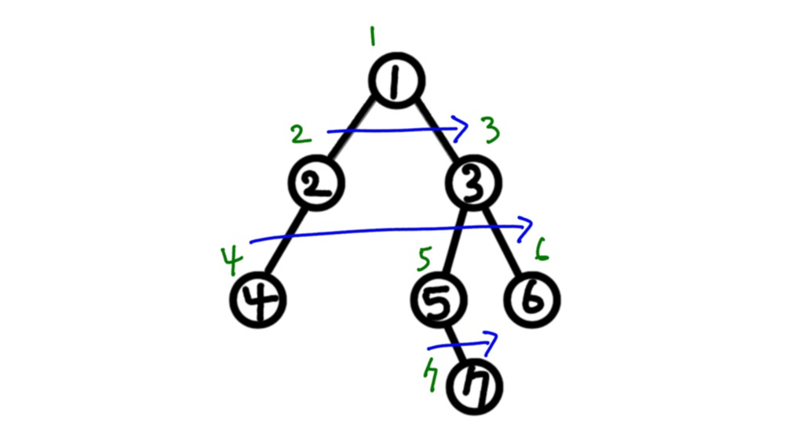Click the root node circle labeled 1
coord(397,81)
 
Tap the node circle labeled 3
coord(473,184)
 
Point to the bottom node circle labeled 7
coord(473,387)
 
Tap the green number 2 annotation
coord(300,135)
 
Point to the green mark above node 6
coord(541,251)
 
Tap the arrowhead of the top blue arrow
coord(462,126)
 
